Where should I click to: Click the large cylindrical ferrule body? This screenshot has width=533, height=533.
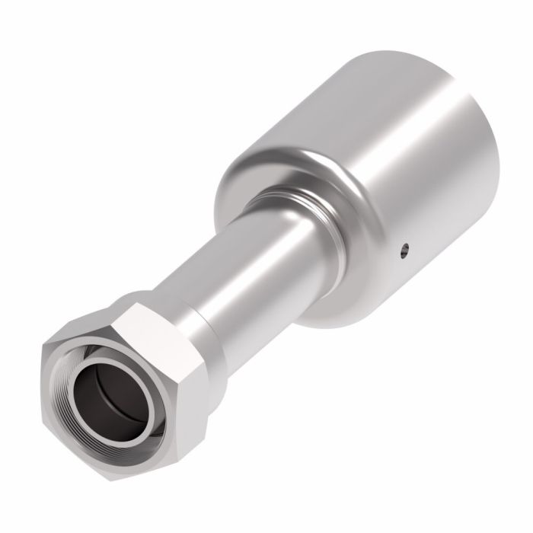(x=396, y=175)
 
